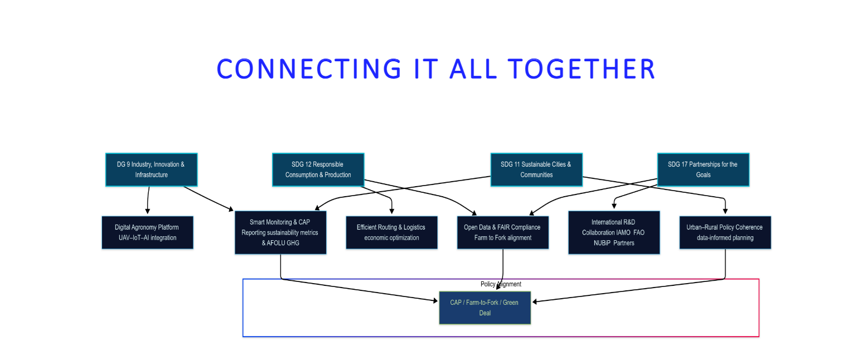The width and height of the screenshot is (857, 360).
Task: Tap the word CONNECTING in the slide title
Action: tap(309, 69)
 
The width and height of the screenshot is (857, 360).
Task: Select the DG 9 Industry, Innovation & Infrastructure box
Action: tap(151, 169)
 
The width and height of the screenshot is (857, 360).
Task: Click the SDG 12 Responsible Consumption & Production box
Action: tap(318, 169)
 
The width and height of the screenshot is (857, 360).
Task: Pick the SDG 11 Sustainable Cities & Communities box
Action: tap(536, 169)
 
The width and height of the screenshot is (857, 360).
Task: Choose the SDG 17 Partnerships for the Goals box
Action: tap(703, 169)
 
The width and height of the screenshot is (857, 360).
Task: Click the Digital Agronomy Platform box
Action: tap(147, 232)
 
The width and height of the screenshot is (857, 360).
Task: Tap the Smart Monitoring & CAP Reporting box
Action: tap(280, 232)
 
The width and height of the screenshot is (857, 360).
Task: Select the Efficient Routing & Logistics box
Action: tap(391, 232)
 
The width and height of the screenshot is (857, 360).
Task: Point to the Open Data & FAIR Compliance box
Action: tap(502, 232)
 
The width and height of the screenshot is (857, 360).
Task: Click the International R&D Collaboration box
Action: tap(613, 232)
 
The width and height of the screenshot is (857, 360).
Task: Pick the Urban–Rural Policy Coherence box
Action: tap(725, 232)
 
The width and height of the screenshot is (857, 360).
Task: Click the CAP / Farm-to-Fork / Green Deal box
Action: tap(485, 308)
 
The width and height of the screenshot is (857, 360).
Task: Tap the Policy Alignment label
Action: tap(501, 284)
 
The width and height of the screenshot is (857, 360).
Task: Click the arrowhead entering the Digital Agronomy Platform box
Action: tap(147, 211)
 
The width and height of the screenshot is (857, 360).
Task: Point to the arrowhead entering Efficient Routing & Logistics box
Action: tap(392, 211)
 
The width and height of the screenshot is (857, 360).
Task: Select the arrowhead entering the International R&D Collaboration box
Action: tap(614, 207)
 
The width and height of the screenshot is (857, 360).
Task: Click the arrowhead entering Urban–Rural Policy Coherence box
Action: tap(725, 211)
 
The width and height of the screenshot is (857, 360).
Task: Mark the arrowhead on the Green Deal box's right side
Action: tap(534, 301)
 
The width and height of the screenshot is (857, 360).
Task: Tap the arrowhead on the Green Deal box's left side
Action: tap(435, 301)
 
